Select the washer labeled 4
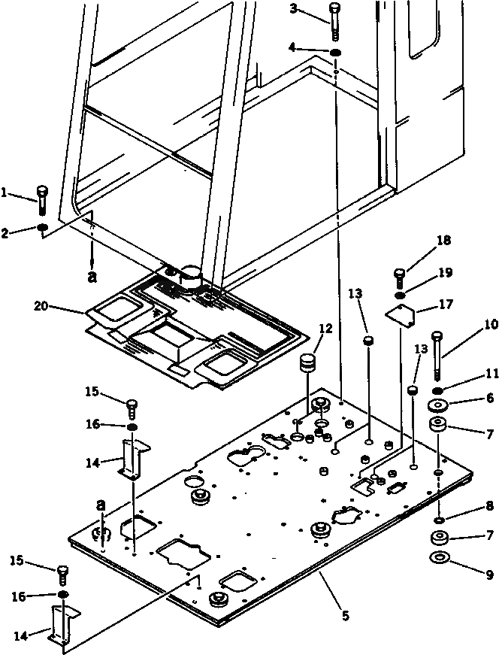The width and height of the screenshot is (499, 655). click(334, 53)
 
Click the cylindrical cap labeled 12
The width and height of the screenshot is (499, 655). click(306, 365)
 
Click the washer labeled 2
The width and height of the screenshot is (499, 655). click(44, 228)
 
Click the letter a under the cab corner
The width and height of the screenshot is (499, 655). click(92, 276)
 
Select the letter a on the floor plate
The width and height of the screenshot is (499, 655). click(99, 505)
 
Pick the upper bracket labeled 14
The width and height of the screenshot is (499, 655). click(133, 460)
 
